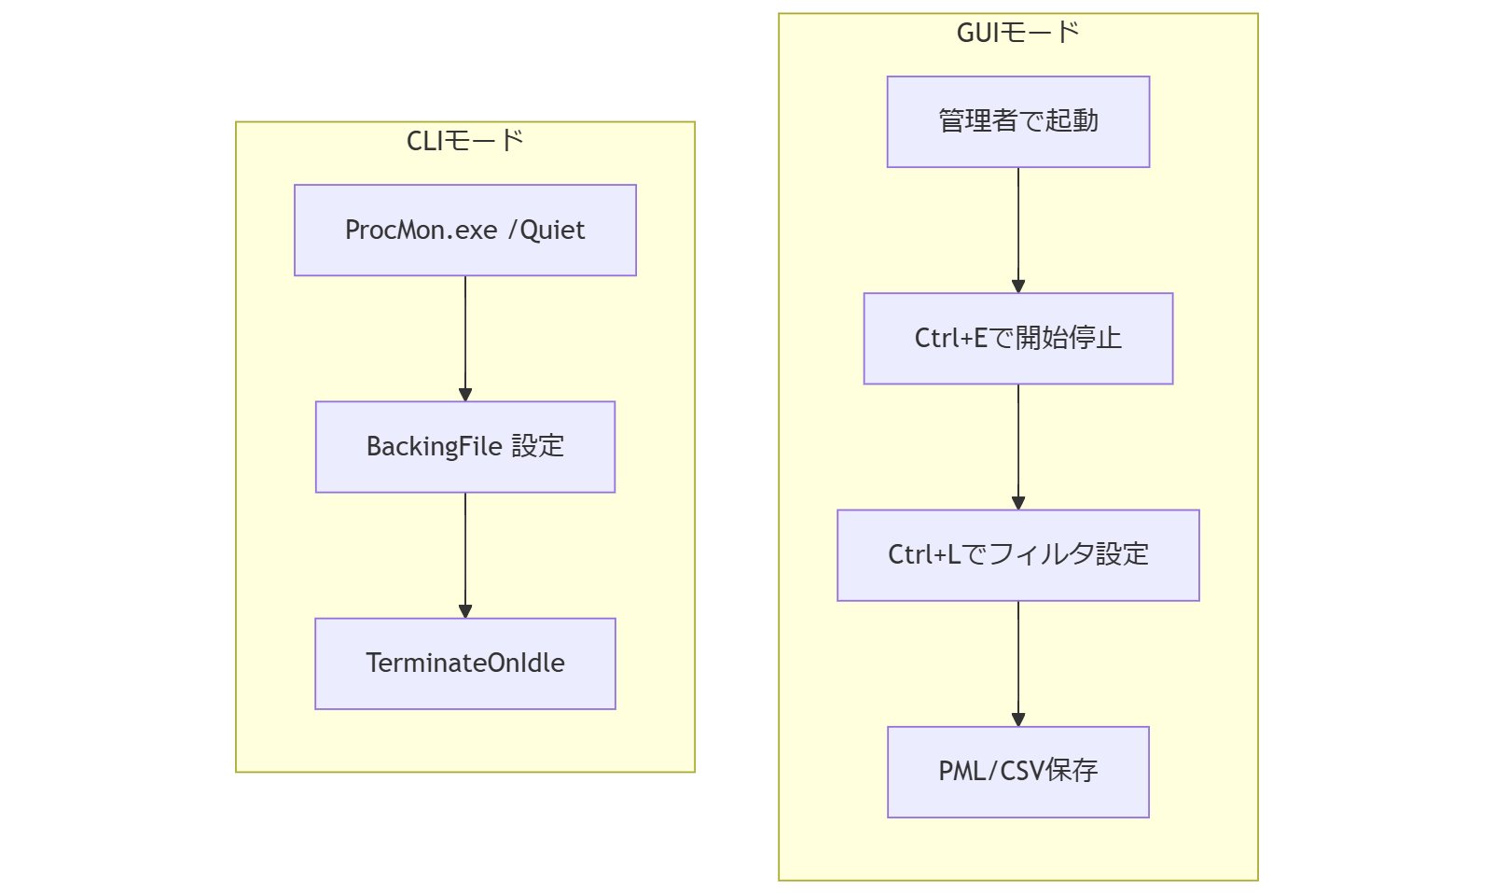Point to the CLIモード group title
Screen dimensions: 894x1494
click(464, 141)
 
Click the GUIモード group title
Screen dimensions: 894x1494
click(1017, 33)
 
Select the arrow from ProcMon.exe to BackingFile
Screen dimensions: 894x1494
click(465, 338)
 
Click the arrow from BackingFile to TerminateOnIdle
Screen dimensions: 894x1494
click(465, 554)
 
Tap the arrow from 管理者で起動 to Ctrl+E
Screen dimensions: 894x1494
click(1018, 230)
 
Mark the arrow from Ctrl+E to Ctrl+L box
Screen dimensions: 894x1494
click(1018, 446)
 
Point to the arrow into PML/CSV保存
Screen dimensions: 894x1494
click(1018, 663)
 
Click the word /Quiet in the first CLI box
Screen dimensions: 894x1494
click(546, 230)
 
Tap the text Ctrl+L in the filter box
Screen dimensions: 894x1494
click(923, 554)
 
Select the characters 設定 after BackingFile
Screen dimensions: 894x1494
click(538, 446)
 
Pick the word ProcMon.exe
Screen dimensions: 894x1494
click(421, 230)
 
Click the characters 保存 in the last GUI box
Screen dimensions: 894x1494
click(1072, 771)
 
